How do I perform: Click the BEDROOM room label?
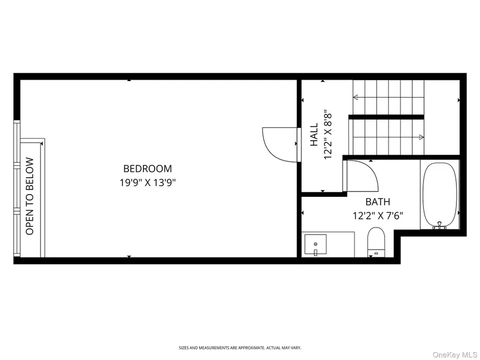pos(148,169)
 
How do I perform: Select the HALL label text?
pos(314,135)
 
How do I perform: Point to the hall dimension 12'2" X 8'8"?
pos(328,135)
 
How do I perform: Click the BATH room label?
pos(377,202)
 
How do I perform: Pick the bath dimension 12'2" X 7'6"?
pos(377,216)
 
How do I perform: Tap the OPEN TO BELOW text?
pos(30,196)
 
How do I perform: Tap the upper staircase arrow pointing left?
pos(356,98)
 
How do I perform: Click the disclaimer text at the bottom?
pos(239,348)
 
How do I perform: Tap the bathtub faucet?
pos(440,225)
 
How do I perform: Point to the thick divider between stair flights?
pos(386,117)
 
